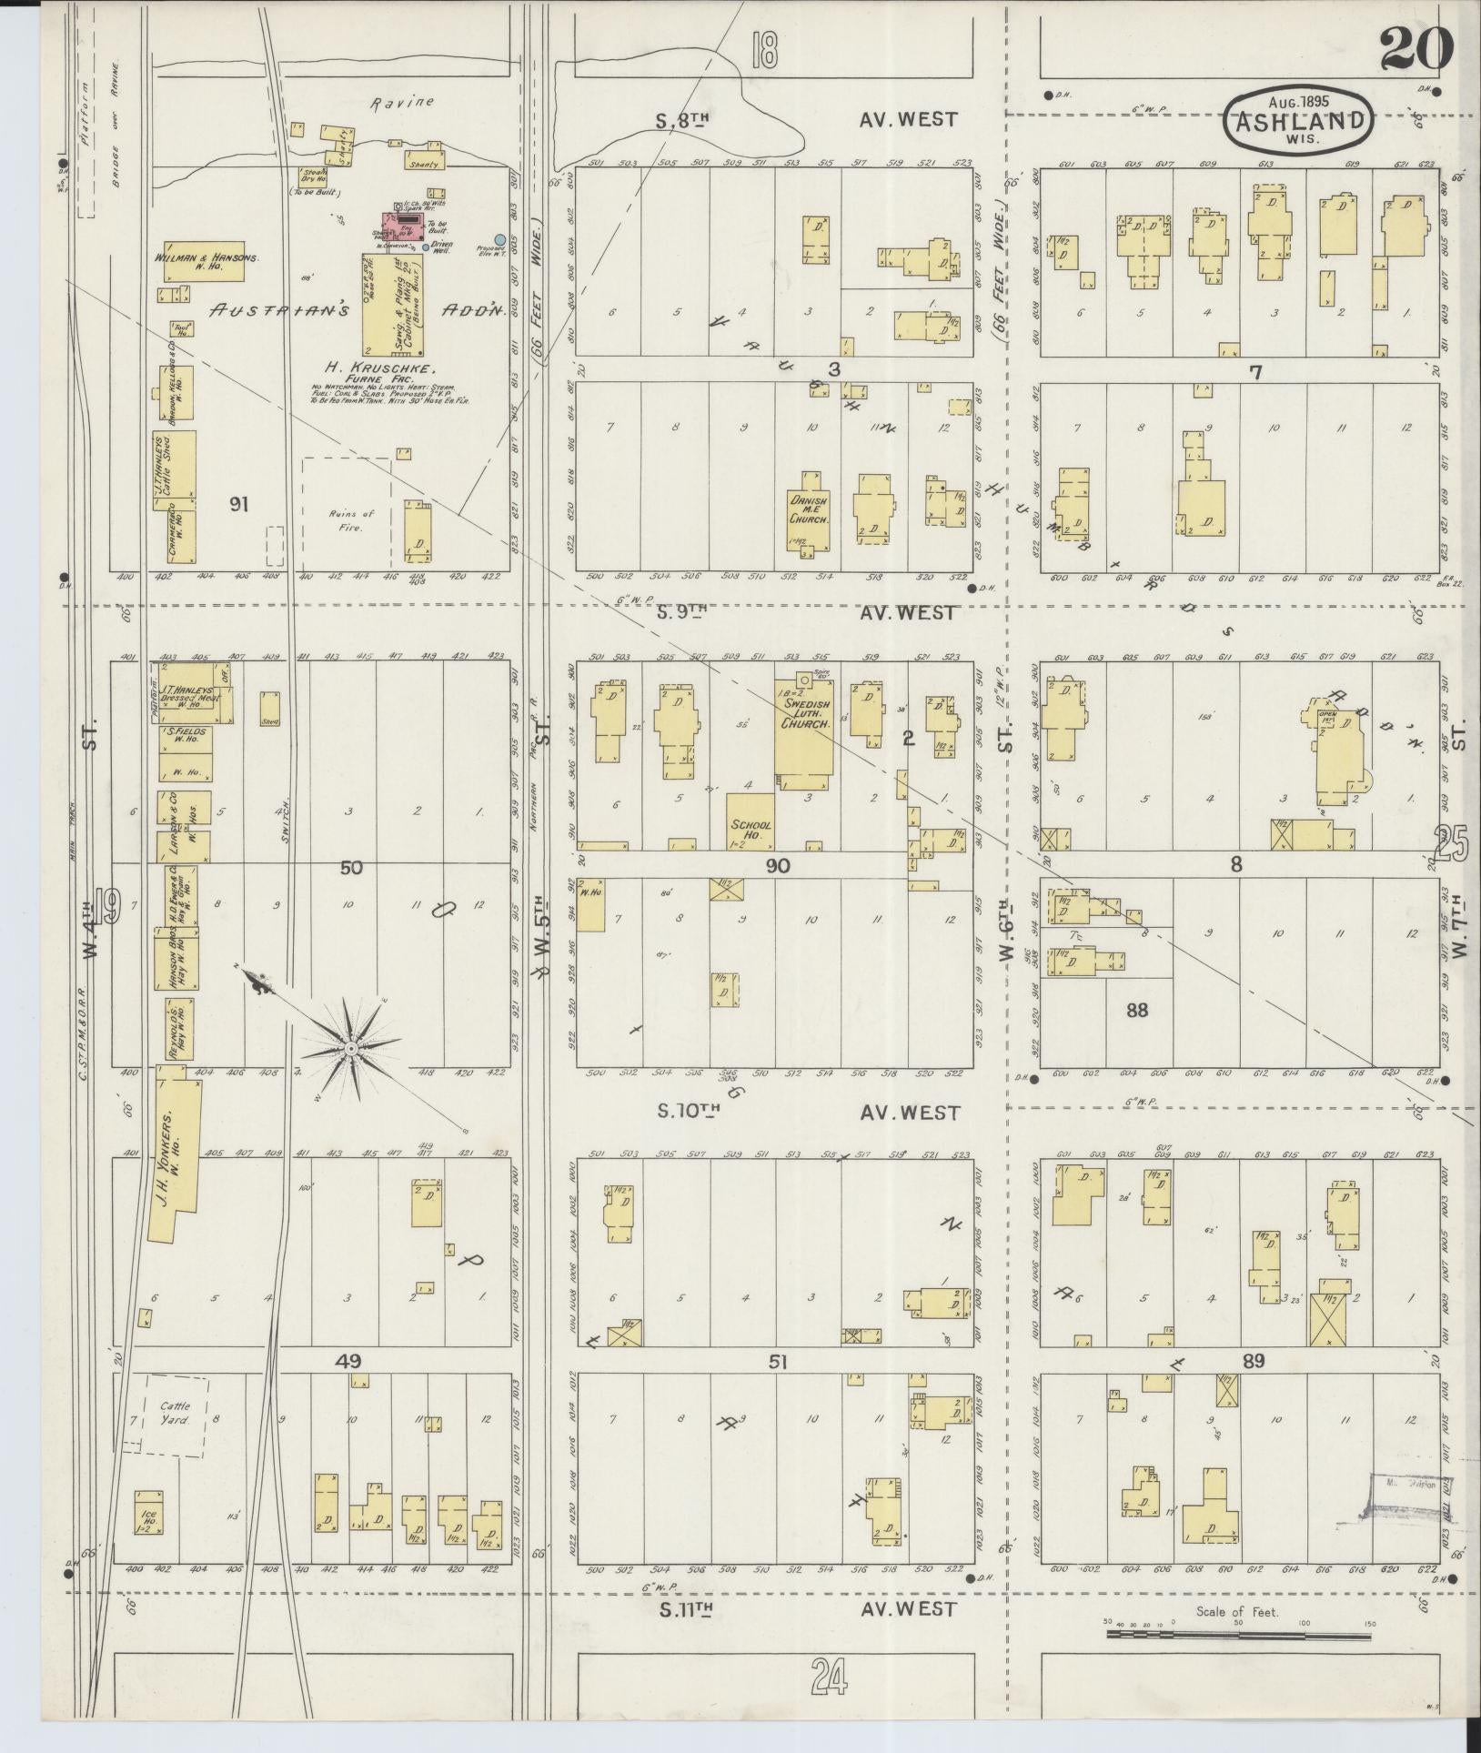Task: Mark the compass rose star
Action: pos(350,1049)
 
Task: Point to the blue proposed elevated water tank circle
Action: pos(500,239)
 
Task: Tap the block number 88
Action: pos(1136,1009)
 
